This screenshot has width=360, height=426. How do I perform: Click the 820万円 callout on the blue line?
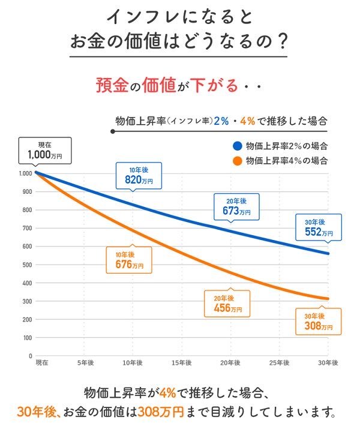pyautogui.click(x=139, y=175)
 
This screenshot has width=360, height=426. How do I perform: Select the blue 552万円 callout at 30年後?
pyautogui.click(x=318, y=227)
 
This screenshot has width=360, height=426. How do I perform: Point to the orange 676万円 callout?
pyautogui.click(x=128, y=259)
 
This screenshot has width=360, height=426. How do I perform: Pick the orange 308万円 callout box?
pyautogui.click(x=318, y=322)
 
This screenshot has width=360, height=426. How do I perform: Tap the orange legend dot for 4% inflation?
pyautogui.click(x=238, y=160)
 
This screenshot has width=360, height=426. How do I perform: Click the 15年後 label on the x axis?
pyautogui.click(x=181, y=364)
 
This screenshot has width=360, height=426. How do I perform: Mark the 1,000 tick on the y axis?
pyautogui.click(x=24, y=173)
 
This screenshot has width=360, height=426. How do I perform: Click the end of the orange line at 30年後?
pyautogui.click(x=328, y=298)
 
